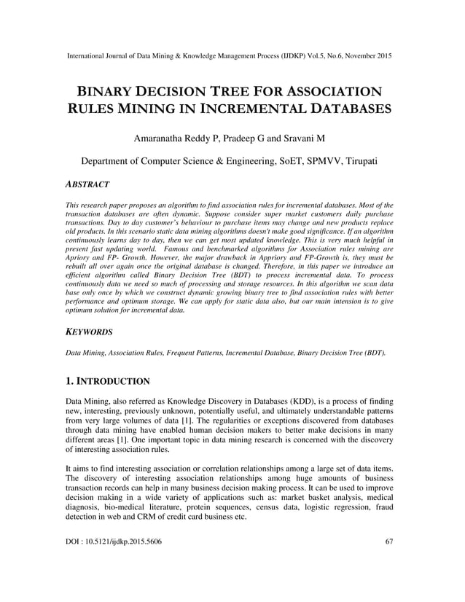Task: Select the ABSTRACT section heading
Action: click(87, 185)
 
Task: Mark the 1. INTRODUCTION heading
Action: click(108, 381)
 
